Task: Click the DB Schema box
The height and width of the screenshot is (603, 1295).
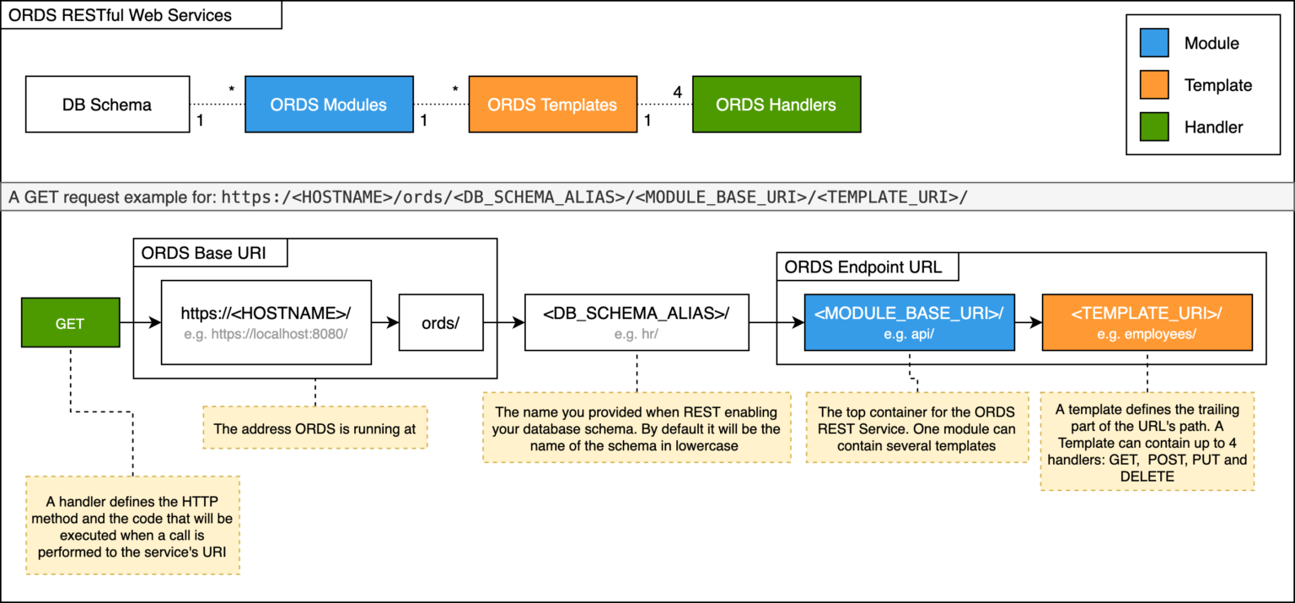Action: (107, 105)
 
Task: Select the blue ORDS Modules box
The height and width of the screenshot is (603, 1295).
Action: (329, 105)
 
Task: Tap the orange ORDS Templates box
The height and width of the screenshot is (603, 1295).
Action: (552, 105)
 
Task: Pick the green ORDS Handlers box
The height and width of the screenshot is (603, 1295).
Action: (776, 105)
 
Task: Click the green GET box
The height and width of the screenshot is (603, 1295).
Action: (70, 323)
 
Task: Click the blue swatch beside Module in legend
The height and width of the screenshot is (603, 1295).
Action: (1154, 43)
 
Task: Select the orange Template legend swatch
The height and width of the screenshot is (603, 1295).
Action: (1154, 85)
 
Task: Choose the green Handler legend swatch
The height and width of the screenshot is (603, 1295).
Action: (1154, 127)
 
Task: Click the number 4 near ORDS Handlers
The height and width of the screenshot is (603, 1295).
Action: (677, 90)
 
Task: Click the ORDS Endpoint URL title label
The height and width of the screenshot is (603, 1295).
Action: (862, 268)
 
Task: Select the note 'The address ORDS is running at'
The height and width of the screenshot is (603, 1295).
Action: (314, 428)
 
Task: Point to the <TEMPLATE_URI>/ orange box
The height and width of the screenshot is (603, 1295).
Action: (1147, 321)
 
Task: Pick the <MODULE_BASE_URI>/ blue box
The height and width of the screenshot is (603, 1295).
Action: (909, 321)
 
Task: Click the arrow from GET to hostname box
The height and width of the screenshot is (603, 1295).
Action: (140, 322)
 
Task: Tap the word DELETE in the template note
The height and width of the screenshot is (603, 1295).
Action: (1147, 476)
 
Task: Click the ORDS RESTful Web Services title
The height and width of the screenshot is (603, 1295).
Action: (120, 15)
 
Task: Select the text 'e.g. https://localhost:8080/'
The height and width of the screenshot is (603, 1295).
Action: (266, 333)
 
